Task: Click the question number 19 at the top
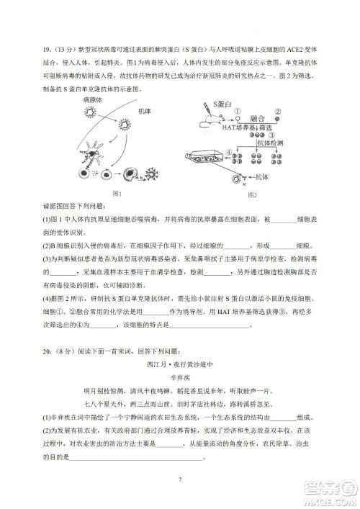click(x=48, y=50)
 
